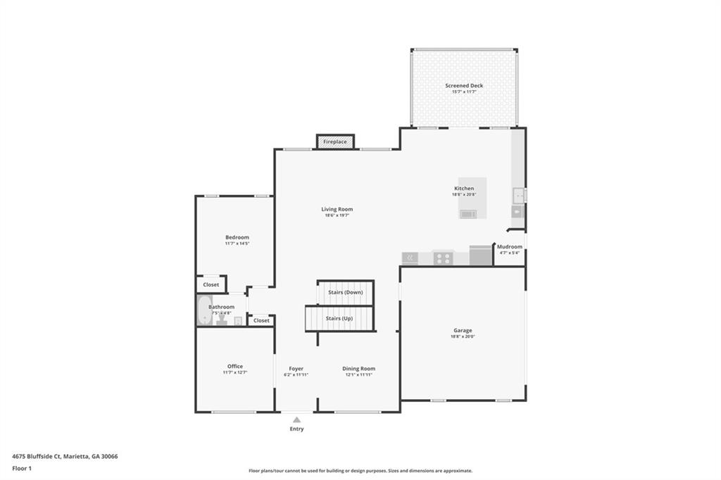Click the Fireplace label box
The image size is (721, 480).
pos(335,141)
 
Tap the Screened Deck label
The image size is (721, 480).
pos(464,86)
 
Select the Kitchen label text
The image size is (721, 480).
pos(464,189)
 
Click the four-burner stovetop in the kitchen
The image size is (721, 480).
pos(443,258)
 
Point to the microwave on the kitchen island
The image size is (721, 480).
pos(468,214)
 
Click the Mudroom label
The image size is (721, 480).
pos(509,246)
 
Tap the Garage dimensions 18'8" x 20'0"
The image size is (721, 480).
pos(463,336)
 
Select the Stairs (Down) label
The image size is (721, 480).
pos(345,292)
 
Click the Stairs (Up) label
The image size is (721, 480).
pos(339,318)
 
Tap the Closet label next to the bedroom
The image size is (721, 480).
pos(211,285)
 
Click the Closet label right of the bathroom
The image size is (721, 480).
pos(261,320)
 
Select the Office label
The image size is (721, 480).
pos(235,366)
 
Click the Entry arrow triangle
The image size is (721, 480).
pos(296,419)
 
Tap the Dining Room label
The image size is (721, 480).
pos(358,368)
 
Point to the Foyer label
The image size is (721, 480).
pos(296,368)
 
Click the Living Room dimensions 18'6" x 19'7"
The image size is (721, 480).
pos(337,215)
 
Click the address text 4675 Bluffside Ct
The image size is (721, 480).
pos(36,456)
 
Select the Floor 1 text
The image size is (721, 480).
pos(23,468)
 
